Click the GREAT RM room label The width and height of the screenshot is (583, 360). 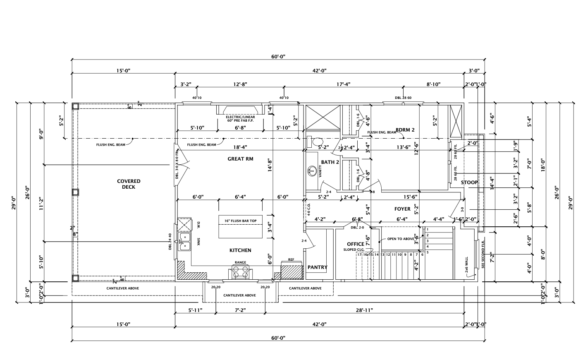(240, 159)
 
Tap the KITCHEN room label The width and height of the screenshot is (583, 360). (240, 250)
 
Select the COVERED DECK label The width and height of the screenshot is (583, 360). (129, 184)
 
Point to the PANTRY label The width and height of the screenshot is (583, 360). (318, 267)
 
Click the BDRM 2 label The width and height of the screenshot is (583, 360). (405, 130)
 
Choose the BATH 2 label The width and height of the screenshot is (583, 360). (330, 162)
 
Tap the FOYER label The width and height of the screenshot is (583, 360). (402, 209)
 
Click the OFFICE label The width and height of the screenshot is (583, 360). (356, 244)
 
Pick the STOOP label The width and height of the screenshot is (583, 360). (469, 182)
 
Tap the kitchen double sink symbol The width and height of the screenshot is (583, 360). (184, 242)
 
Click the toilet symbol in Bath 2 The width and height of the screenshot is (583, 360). (318, 142)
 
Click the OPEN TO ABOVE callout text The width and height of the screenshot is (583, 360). (401, 239)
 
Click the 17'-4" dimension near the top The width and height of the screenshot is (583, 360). (343, 84)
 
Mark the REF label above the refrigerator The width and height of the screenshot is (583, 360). (291, 260)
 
